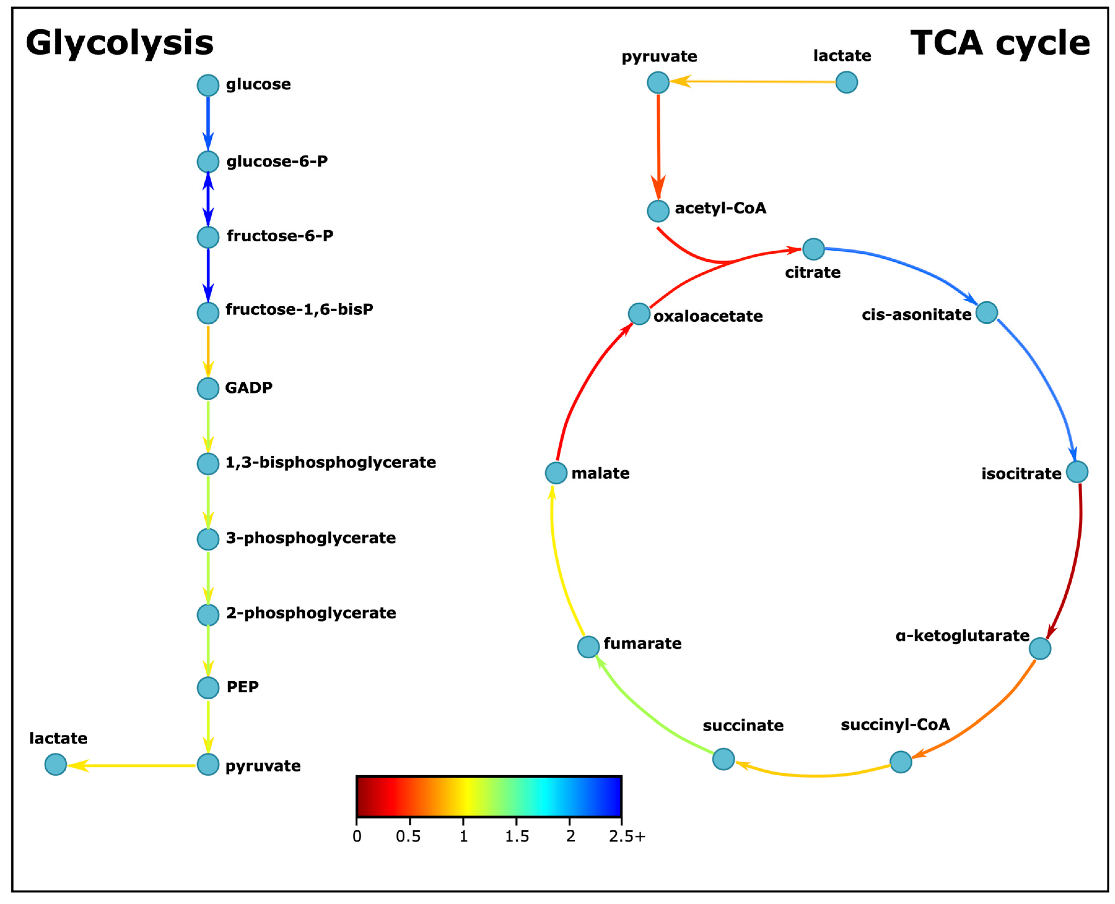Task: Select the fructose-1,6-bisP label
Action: click(299, 309)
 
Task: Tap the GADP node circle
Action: click(208, 389)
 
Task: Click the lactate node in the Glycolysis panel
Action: click(56, 764)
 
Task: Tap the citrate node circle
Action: click(813, 249)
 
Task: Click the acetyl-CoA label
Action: click(720, 208)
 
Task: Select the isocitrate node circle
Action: click(1077, 472)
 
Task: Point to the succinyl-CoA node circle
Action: click(901, 762)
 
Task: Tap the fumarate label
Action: click(642, 644)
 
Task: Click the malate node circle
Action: click(556, 473)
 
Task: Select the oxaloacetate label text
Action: click(708, 316)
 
